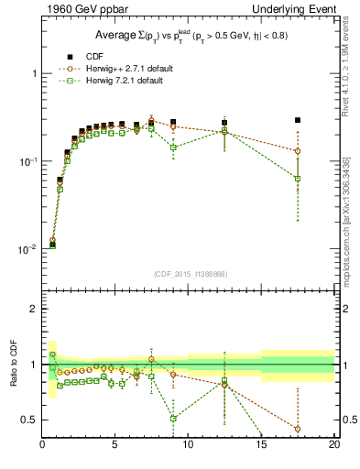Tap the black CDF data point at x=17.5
pos(298,120)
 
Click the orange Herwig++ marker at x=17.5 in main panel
pos(298,151)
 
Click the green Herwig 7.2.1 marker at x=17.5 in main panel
pos(298,179)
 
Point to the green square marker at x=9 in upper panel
pos(173,147)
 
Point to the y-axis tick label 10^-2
pos(28,249)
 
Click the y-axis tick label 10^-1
pos(28,161)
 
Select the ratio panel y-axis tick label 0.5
pos(30,420)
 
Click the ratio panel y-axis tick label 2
pos(34,309)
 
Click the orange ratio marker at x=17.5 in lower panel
pos(298,429)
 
